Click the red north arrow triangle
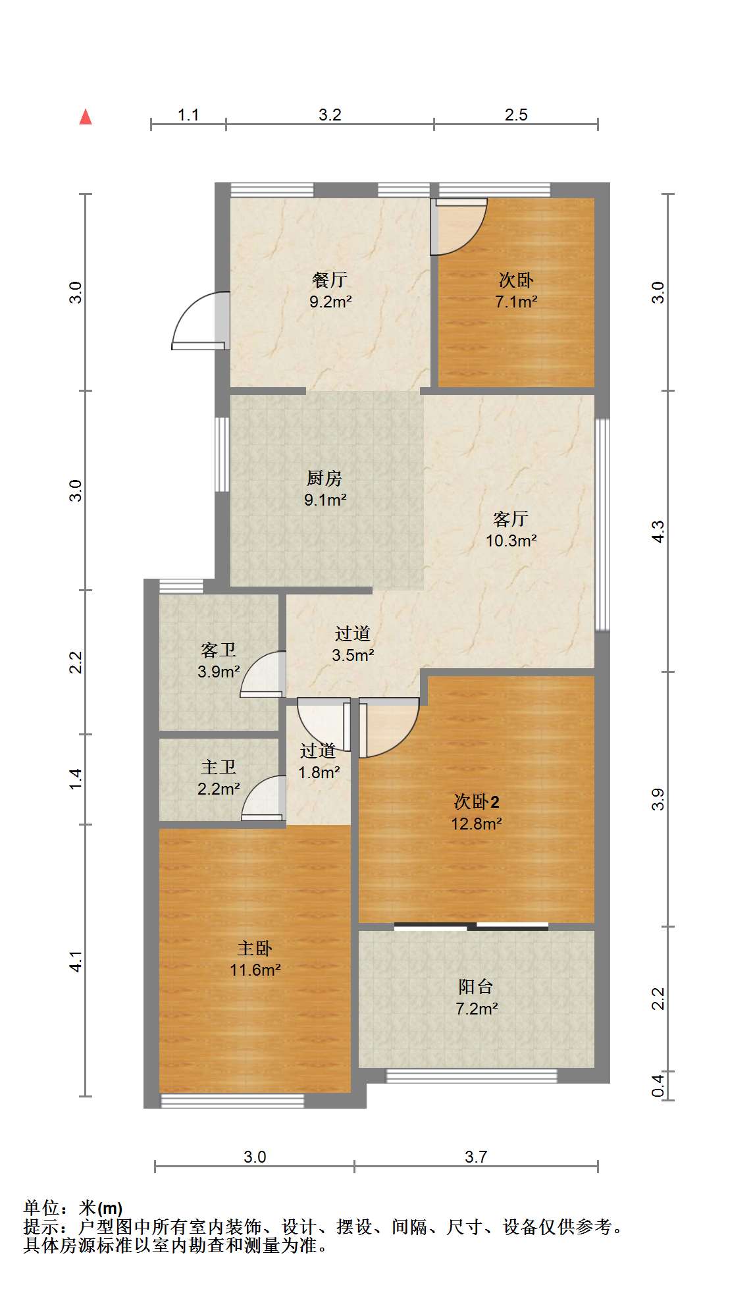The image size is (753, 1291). point(86,117)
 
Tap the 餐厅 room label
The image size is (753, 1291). point(330,280)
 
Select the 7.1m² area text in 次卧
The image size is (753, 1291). point(516,302)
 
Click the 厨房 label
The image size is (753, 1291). point(325,478)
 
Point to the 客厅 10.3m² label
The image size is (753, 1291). point(511,529)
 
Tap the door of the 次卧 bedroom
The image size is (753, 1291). point(459,227)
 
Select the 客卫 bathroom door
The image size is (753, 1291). point(263,674)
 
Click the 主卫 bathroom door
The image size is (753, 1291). point(264,799)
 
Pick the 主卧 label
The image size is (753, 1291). point(255,949)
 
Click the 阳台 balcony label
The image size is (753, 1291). point(476,986)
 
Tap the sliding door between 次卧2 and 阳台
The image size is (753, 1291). point(471,927)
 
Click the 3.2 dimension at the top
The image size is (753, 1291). point(330,115)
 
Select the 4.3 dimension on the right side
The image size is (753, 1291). point(658,531)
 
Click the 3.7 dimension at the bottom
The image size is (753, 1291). point(476,1157)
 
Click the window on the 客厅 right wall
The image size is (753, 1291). point(602,525)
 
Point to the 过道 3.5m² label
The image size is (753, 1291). point(353,644)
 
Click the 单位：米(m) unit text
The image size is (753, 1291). point(73,1208)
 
